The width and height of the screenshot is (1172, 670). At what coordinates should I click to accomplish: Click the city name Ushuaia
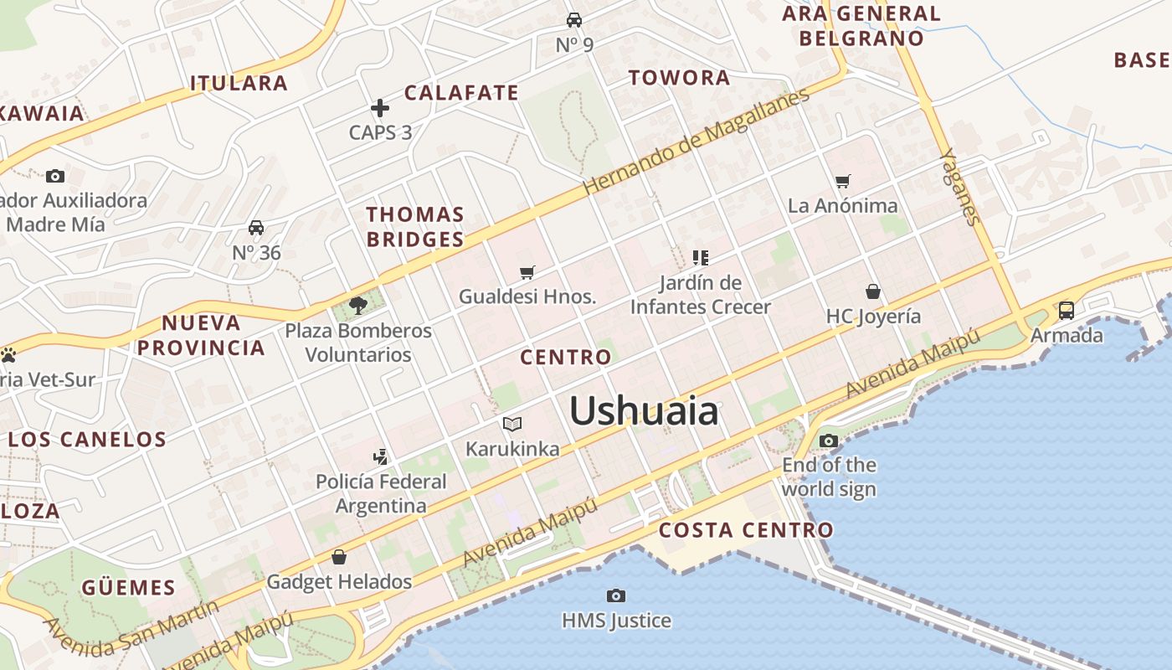coord(643,411)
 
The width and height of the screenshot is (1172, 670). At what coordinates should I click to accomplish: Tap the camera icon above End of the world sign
coord(829,441)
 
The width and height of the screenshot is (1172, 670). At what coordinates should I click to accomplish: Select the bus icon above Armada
coord(1067,310)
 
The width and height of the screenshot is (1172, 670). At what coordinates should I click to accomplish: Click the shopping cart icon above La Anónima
coord(843,181)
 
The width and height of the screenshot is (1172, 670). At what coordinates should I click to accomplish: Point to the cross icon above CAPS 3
coord(380,107)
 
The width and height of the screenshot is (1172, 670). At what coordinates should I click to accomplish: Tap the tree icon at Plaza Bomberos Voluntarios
coord(358,305)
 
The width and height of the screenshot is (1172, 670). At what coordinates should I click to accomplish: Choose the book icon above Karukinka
coord(512,424)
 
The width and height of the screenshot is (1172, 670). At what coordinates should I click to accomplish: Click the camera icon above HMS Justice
coord(616,595)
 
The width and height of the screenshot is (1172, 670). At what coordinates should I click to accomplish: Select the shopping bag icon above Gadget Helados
coord(339,556)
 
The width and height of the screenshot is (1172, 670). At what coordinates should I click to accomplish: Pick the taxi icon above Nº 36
coord(256,228)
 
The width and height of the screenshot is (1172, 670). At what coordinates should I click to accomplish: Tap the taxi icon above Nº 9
coord(574,19)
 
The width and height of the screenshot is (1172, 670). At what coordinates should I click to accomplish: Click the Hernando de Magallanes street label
coord(697,141)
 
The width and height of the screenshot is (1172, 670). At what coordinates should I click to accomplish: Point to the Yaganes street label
coord(959,187)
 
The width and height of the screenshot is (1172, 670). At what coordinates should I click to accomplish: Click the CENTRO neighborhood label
coord(566,358)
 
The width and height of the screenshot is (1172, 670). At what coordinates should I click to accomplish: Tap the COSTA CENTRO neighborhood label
coord(746,530)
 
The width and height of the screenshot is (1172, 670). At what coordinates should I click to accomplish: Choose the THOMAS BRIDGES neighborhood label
coord(415,227)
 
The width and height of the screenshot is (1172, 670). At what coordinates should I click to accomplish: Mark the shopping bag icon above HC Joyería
coord(873,291)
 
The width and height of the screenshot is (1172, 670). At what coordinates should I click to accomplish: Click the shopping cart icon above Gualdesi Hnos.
coord(527,272)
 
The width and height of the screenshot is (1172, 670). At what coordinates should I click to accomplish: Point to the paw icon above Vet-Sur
coord(8,355)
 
